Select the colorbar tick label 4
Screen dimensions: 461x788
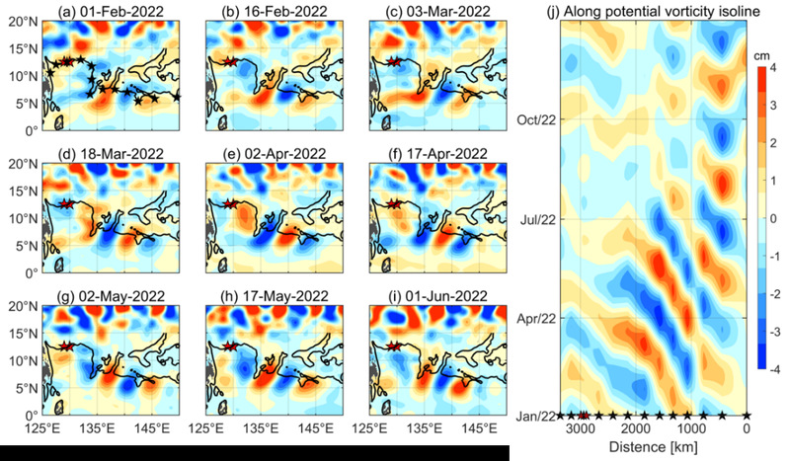pyautogui.click(x=775, y=70)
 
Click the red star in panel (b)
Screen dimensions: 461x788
pyautogui.click(x=230, y=61)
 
